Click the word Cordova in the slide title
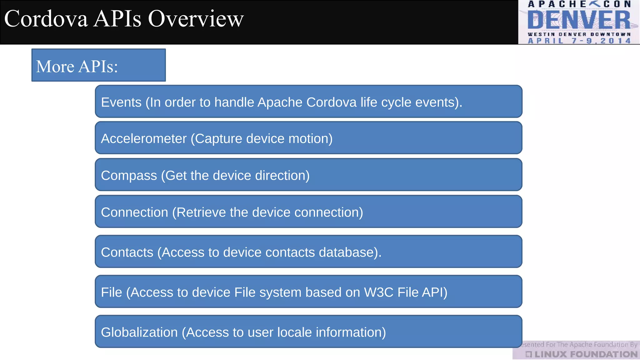tap(46, 19)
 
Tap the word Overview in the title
tap(196, 19)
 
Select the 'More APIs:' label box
tap(98, 65)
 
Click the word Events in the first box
tap(121, 102)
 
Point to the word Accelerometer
tap(144, 139)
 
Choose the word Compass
tap(129, 176)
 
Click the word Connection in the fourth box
tap(134, 212)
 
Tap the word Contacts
tap(127, 252)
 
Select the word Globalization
tap(139, 332)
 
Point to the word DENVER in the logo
tap(579, 20)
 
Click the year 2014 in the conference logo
tap(615, 41)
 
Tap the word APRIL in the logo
tap(546, 41)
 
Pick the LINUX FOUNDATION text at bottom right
tap(586, 354)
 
